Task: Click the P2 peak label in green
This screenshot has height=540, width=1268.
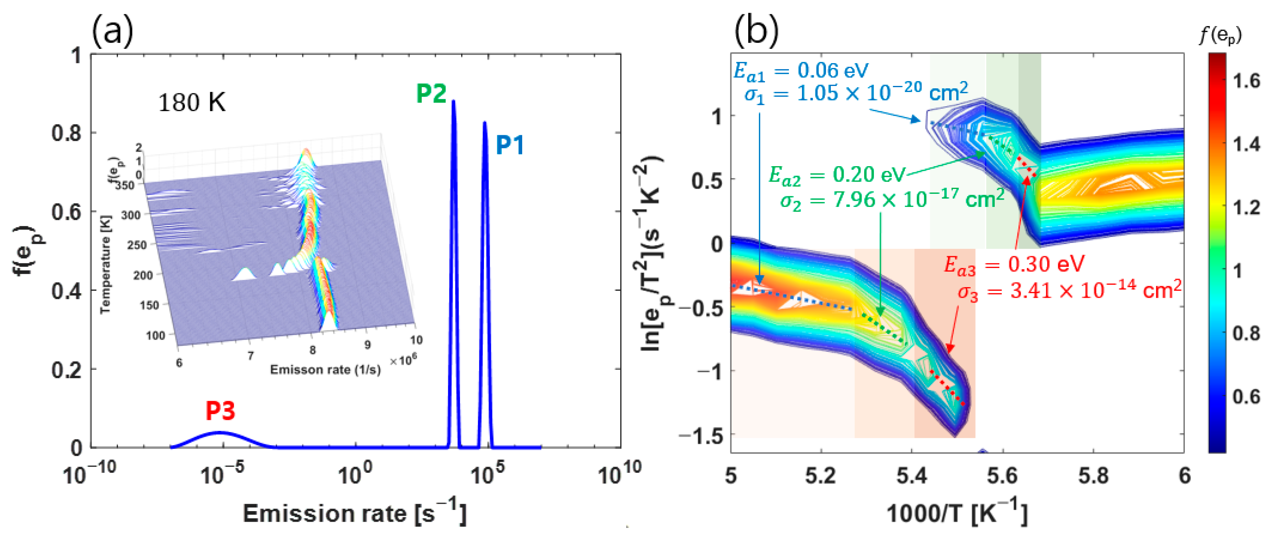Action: tap(431, 93)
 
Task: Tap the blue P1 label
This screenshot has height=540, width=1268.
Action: tap(510, 145)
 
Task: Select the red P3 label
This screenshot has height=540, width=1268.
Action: tap(220, 410)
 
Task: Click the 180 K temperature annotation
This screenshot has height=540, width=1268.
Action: tap(192, 103)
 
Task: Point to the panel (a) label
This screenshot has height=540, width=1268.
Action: tap(112, 31)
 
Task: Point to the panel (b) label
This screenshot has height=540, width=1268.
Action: tap(756, 31)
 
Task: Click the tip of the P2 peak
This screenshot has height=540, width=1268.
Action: tap(453, 101)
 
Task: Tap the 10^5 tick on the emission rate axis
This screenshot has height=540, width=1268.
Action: tap(487, 476)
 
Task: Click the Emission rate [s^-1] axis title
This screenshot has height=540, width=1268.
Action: tap(354, 514)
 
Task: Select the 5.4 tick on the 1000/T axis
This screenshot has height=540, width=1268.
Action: tap(912, 476)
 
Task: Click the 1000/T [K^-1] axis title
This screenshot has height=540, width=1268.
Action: tap(957, 514)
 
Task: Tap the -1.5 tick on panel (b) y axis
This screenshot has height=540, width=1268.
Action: tap(700, 436)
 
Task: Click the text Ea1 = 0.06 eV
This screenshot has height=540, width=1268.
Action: tap(801, 71)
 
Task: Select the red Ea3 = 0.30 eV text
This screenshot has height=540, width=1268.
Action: tap(1014, 265)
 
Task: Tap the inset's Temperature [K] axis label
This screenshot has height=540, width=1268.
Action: tap(105, 263)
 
